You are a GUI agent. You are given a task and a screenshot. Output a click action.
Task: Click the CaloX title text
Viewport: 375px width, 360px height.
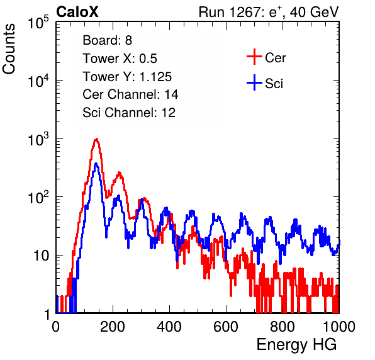77,12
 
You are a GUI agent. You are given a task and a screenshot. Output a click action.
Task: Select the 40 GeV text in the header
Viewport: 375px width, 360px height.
314,12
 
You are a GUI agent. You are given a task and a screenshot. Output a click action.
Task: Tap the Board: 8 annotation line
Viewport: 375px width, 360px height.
107,40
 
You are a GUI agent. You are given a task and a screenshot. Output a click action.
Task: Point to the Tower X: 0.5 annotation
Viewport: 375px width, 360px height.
120,59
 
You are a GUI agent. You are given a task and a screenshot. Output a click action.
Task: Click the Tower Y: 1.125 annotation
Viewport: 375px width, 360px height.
127,77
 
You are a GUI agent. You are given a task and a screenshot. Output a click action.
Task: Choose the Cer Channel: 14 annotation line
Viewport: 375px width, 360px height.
130,94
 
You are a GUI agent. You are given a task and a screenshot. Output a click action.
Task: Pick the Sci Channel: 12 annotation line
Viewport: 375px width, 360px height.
129,113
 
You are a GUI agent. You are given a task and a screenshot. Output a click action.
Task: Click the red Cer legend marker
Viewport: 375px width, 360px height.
254,57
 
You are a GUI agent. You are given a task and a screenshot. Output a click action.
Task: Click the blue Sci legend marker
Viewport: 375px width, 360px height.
254,83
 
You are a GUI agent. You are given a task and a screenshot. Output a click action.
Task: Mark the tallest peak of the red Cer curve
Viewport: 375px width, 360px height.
96,139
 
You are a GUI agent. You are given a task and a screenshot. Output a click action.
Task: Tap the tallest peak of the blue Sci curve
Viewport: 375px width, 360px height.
96,164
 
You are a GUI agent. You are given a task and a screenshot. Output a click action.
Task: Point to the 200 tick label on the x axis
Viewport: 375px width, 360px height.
113,327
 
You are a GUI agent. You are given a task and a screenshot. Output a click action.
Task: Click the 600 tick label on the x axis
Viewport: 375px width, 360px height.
226,327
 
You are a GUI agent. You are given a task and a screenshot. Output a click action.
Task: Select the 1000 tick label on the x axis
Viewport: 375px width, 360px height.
339,327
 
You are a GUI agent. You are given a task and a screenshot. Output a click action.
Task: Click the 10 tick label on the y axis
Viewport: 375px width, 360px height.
41,256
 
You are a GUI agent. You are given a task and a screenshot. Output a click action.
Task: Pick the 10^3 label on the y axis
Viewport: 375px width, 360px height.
38,139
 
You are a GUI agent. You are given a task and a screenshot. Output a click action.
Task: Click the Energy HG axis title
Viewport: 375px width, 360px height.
296,345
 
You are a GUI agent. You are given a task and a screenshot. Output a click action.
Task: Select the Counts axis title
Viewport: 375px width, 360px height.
9,49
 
